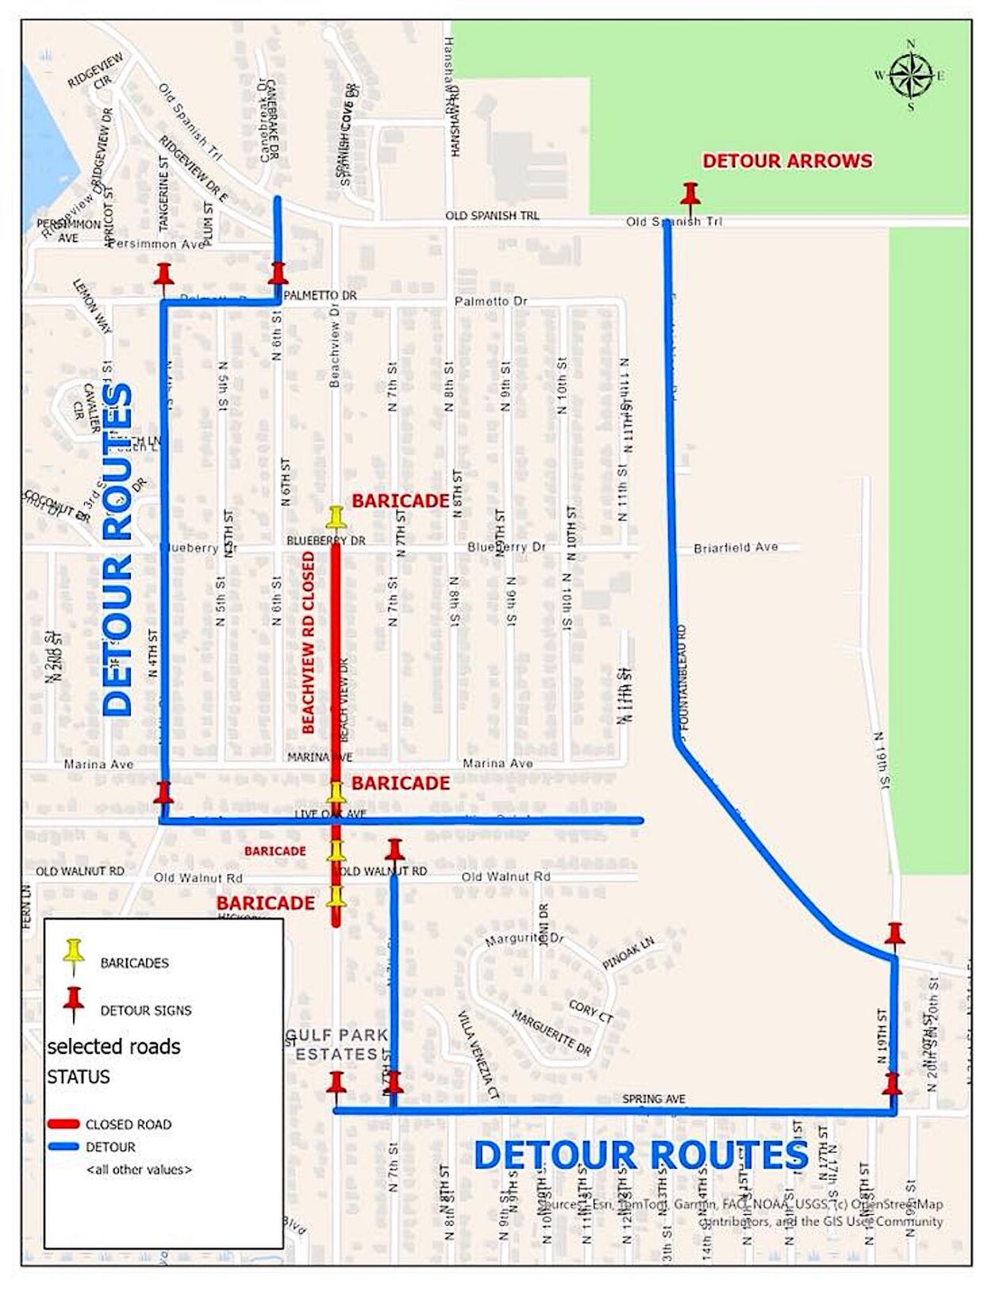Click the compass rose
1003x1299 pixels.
(911, 75)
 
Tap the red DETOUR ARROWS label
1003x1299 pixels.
(787, 161)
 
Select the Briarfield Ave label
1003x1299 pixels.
(735, 548)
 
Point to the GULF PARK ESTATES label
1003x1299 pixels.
(337, 1044)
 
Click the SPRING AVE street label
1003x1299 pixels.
(653, 1098)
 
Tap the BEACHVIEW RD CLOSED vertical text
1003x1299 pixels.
(308, 643)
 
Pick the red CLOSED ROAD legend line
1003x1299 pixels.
(63, 1124)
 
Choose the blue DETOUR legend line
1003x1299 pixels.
(63, 1146)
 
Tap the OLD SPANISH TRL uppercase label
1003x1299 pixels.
(492, 215)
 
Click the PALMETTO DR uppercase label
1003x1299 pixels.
(320, 295)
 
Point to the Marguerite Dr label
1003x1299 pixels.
(524, 940)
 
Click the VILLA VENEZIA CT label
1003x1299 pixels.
(478, 1054)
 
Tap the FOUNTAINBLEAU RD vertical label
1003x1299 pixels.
(683, 678)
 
